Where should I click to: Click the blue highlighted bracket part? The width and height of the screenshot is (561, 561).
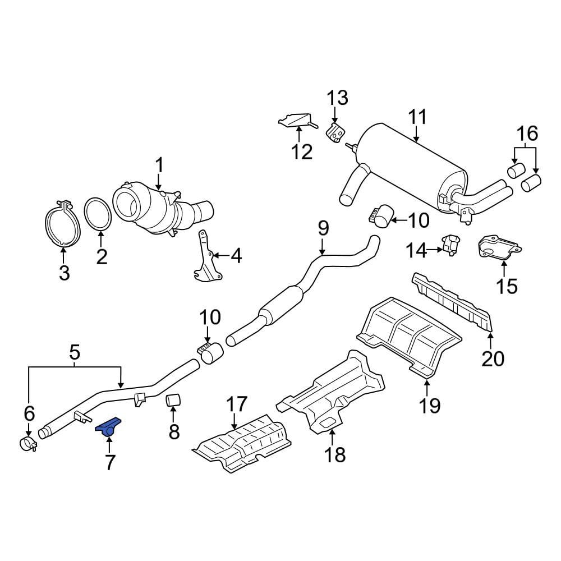pyautogui.click(x=109, y=427)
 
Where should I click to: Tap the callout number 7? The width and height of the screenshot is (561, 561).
pyautogui.click(x=109, y=462)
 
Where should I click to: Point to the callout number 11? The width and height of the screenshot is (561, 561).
pyautogui.click(x=417, y=118)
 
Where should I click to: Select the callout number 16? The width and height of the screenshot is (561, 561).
pyautogui.click(x=527, y=134)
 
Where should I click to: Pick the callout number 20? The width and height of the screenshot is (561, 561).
pyautogui.click(x=493, y=357)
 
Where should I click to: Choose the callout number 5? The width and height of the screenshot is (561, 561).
pyautogui.click(x=75, y=353)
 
